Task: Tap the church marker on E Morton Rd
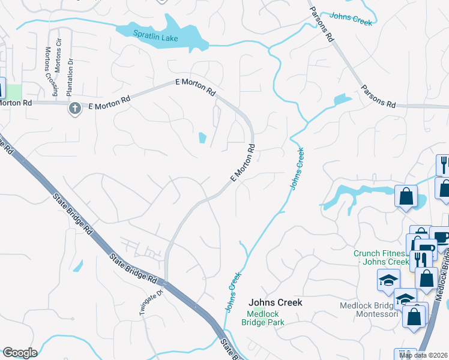(74, 108)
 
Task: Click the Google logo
(20, 353)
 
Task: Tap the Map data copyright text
(423, 355)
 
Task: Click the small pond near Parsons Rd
(342, 99)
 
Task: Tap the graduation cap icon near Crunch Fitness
(388, 280)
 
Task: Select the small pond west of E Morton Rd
(202, 139)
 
